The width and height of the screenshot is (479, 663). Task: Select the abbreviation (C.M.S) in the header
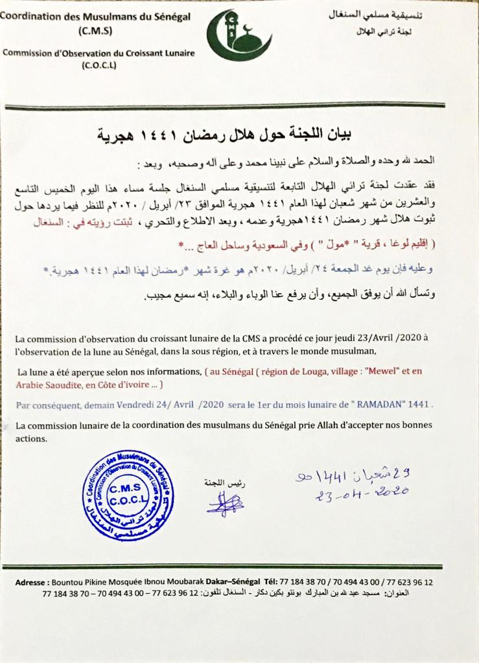pos(94,30)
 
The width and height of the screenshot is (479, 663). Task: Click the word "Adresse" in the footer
pos(30,583)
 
